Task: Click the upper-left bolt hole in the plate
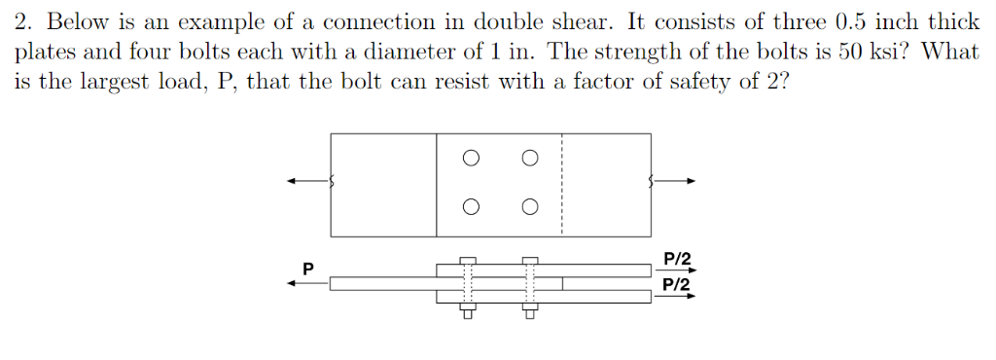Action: [x=471, y=157]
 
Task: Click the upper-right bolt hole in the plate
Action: [x=530, y=157]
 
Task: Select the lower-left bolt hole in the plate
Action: [x=471, y=206]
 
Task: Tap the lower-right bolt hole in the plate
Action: [x=530, y=206]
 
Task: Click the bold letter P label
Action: [x=308, y=266]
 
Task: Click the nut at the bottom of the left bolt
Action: [x=468, y=311]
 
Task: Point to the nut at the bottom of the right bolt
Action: [x=530, y=311]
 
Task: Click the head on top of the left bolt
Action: [x=468, y=260]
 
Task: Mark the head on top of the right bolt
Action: [x=530, y=260]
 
